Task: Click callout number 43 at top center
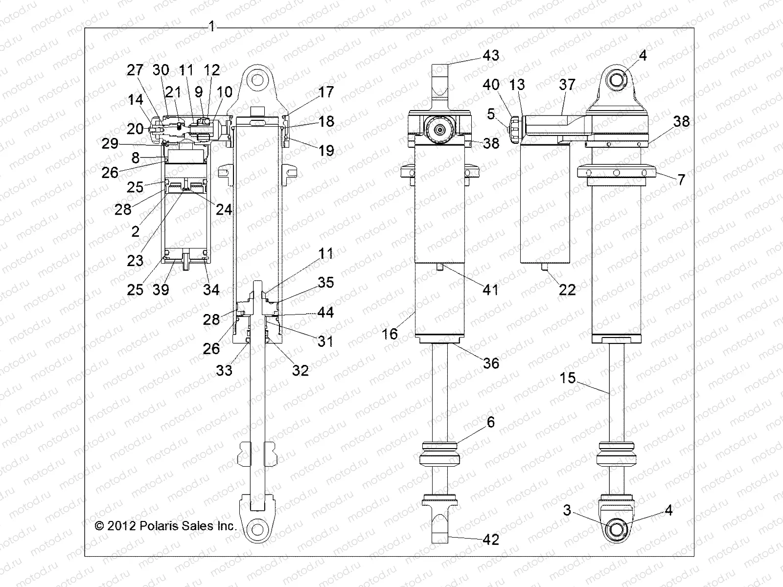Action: tap(490, 55)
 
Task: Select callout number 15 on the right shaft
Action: tap(568, 378)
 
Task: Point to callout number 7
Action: tap(681, 180)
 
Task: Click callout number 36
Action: tap(490, 363)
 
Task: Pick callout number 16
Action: tap(390, 334)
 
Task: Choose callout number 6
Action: tap(490, 422)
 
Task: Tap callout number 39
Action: tap(161, 290)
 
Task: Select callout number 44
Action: tap(325, 312)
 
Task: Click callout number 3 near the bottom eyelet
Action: tap(567, 510)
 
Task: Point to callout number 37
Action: tap(567, 85)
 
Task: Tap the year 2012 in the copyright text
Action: tap(122, 526)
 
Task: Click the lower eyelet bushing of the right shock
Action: tap(617, 530)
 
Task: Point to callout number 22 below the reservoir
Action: tap(567, 290)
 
